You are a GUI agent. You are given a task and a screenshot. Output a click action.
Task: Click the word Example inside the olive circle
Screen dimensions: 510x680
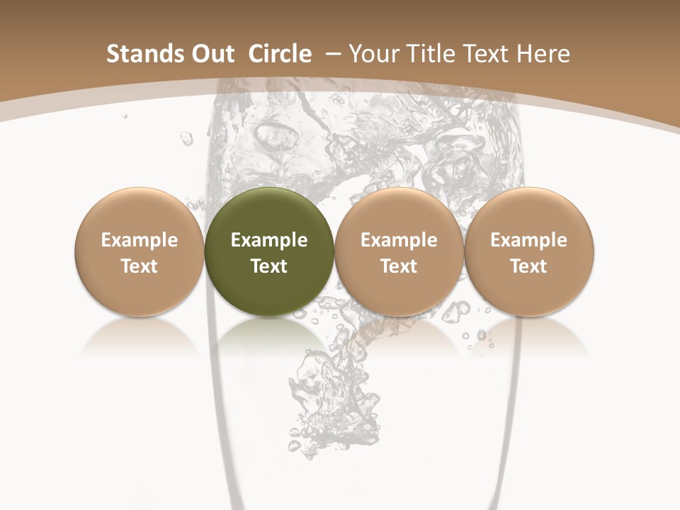[269, 240]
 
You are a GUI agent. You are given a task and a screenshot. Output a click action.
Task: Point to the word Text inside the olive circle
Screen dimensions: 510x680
[269, 266]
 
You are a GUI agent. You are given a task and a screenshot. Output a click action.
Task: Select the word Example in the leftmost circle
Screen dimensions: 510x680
[139, 240]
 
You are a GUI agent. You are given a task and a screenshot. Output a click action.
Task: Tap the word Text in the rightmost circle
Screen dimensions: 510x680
[528, 266]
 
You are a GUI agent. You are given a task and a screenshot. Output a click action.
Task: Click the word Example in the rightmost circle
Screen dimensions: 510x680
[528, 240]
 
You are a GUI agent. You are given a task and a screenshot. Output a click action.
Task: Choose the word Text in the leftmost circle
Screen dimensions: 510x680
[139, 266]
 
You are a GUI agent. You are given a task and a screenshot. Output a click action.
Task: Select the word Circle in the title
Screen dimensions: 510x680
[280, 54]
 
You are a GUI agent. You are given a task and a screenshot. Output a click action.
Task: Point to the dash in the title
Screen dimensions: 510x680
[334, 54]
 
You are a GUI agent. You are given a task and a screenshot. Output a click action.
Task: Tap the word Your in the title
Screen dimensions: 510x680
[372, 54]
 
